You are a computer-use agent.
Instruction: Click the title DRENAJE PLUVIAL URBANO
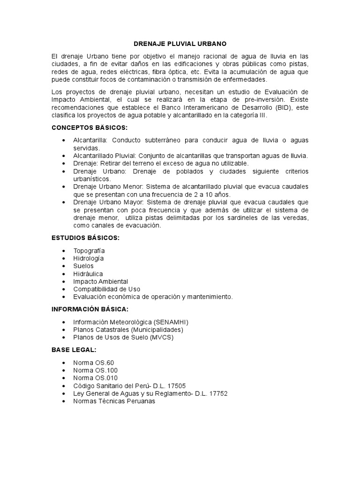(180, 44)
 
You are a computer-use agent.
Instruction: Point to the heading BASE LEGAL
(74, 350)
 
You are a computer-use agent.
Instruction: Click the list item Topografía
(89, 251)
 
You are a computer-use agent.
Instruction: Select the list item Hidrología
(89, 258)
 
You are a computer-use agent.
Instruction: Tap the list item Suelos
(83, 266)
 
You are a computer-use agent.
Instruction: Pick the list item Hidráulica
(88, 274)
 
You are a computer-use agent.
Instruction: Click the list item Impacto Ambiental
(100, 281)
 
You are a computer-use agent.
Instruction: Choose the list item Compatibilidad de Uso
(106, 289)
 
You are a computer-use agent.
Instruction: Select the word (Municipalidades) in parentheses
(153, 330)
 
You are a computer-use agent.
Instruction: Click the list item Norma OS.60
(93, 363)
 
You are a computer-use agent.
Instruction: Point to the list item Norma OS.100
(95, 370)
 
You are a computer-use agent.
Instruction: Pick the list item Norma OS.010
(95, 378)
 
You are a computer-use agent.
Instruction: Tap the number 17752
(218, 393)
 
